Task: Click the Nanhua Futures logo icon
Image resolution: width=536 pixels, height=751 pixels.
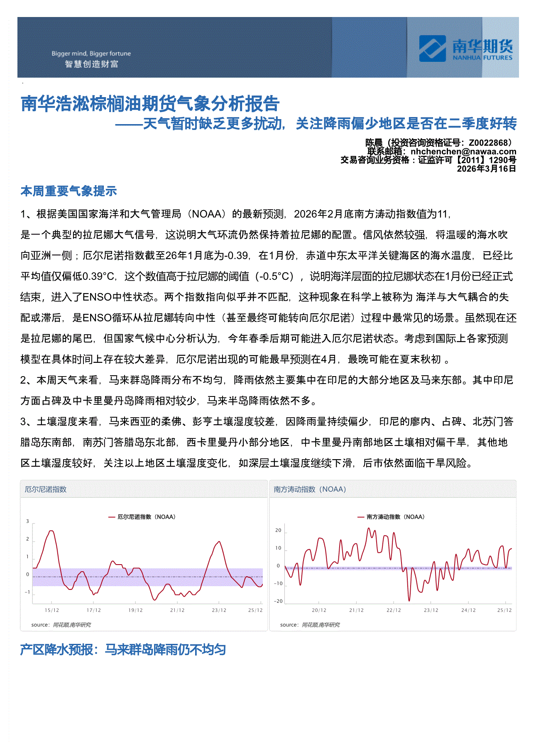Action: [x=432, y=49]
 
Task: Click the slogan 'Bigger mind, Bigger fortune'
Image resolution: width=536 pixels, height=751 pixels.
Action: [x=91, y=54]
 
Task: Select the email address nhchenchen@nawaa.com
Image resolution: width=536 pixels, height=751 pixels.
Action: [x=463, y=152]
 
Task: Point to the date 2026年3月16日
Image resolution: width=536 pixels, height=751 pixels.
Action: [x=486, y=169]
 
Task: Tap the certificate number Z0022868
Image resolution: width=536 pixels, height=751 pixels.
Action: [x=488, y=143]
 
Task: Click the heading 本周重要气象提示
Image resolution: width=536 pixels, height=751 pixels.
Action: [x=69, y=191]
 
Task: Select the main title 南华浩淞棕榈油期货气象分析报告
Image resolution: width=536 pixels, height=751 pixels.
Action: [x=150, y=104]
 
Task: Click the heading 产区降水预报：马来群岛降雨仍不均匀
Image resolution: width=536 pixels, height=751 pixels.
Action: [x=123, y=649]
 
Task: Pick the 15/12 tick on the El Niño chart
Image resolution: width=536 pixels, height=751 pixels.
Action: [x=52, y=610]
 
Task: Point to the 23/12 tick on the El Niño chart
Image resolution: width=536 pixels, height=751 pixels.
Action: [x=219, y=610]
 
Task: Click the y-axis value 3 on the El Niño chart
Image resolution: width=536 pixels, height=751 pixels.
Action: [x=28, y=521]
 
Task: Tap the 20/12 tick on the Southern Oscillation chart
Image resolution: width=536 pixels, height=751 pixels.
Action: [x=319, y=610]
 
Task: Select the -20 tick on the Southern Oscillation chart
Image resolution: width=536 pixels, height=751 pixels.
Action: [x=278, y=601]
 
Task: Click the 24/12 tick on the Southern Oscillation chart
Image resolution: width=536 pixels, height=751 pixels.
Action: [x=468, y=610]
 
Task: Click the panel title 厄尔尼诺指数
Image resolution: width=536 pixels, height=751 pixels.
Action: [x=46, y=489]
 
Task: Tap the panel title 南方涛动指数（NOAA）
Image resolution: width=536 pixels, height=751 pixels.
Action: [x=310, y=489]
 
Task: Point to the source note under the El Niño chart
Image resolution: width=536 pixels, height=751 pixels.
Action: [x=61, y=625]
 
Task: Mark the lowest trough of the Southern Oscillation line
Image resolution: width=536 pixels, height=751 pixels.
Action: [x=409, y=600]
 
